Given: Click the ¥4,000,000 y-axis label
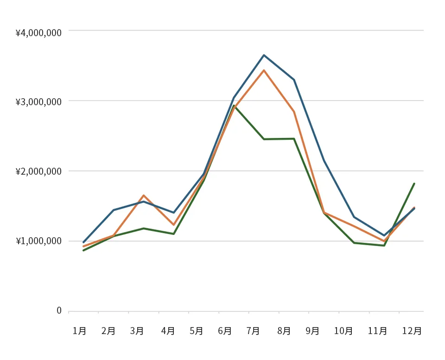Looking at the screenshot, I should [38, 33].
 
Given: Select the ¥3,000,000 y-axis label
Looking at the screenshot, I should [38, 102].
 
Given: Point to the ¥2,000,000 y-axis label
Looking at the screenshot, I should [38, 172].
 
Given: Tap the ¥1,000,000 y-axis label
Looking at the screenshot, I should [38, 241].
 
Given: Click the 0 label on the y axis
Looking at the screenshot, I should [59, 310].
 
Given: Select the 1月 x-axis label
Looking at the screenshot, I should [79, 331].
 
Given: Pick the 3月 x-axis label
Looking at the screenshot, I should [137, 331].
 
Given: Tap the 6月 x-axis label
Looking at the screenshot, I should [225, 331].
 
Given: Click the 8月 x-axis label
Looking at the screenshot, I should [284, 331].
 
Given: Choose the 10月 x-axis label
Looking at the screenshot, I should [343, 331].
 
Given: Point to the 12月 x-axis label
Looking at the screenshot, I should [412, 331].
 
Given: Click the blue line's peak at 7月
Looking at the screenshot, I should [264, 55].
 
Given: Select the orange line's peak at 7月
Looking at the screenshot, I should [264, 70].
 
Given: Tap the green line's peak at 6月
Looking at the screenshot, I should [234, 106].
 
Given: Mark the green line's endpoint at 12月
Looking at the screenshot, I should [414, 183].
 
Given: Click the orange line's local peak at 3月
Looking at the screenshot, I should [144, 196].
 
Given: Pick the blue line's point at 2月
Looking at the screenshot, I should [114, 210].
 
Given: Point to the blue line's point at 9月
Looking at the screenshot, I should [324, 161].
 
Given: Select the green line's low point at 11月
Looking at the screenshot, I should [384, 246].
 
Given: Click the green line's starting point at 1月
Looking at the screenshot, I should [83, 251].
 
